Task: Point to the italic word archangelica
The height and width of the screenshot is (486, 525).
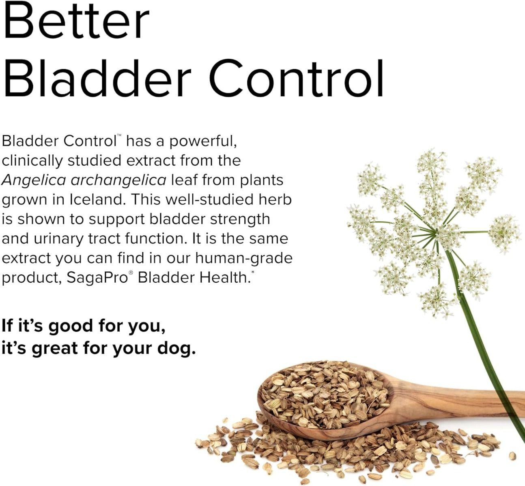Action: point(118,180)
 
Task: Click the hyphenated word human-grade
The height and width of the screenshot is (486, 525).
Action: point(243,258)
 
